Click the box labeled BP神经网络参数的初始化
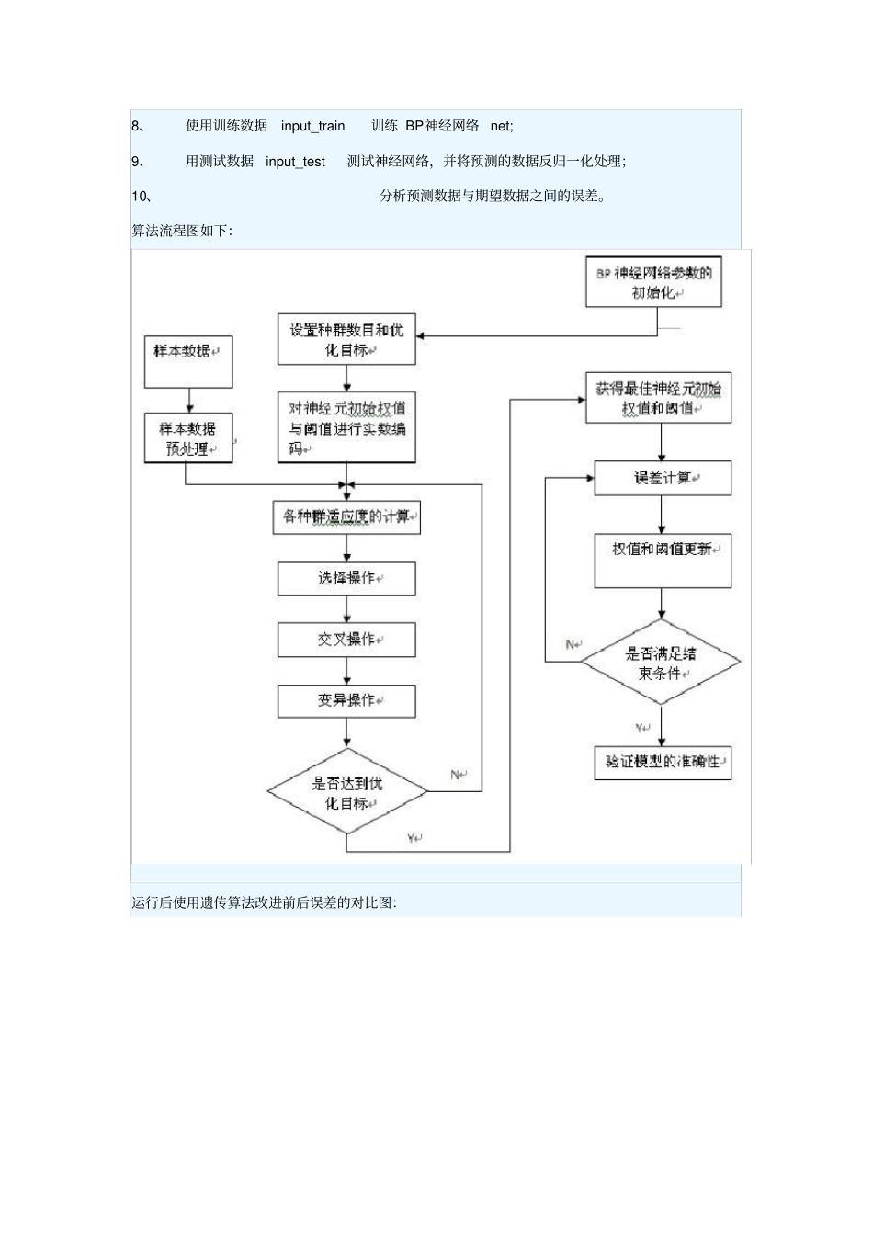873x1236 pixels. [x=653, y=282]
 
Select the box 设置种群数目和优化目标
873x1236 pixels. [x=346, y=339]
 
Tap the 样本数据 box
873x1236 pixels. [x=188, y=361]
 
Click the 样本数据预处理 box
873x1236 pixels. [x=188, y=438]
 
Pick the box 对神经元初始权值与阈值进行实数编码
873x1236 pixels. [x=346, y=427]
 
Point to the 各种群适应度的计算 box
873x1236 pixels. [x=346, y=516]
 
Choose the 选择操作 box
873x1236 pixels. [x=346, y=578]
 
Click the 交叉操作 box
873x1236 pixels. [x=346, y=640]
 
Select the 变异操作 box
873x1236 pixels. [x=346, y=700]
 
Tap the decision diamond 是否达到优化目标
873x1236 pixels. [x=346, y=792]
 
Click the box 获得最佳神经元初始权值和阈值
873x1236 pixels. [x=658, y=398]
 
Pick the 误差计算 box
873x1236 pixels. [x=663, y=479]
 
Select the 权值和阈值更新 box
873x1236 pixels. [x=663, y=560]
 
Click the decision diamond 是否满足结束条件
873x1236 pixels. [x=662, y=663]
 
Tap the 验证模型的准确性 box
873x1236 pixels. [x=663, y=762]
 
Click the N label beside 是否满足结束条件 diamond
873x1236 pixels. [x=572, y=644]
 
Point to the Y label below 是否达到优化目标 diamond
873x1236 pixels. [x=413, y=837]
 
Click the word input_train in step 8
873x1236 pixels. [x=313, y=126]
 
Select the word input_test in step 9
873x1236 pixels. [x=295, y=162]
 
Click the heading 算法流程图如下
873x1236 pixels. [x=182, y=231]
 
